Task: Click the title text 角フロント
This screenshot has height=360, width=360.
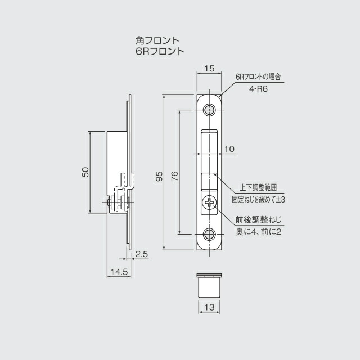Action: pyautogui.click(x=157, y=40)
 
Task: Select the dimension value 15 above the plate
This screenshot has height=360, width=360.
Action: pyautogui.click(x=209, y=69)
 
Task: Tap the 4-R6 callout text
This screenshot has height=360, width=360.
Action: pyautogui.click(x=258, y=88)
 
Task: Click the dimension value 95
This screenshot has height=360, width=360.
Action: pyautogui.click(x=160, y=176)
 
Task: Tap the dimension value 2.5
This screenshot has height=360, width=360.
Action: pyautogui.click(x=142, y=255)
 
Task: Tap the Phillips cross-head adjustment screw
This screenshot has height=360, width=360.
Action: pyautogui.click(x=209, y=203)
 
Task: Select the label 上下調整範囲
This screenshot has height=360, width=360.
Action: pyautogui.click(x=259, y=187)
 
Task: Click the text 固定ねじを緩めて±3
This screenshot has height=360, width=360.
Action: pyautogui.click(x=259, y=199)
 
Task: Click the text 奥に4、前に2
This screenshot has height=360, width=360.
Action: pyautogui.click(x=258, y=231)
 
